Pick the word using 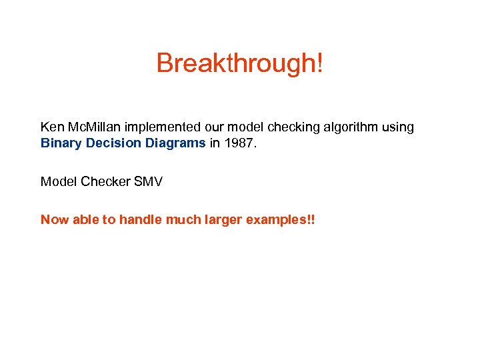click(397, 127)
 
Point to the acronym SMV click(148, 181)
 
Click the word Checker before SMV click(105, 181)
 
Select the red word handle click(137, 220)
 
